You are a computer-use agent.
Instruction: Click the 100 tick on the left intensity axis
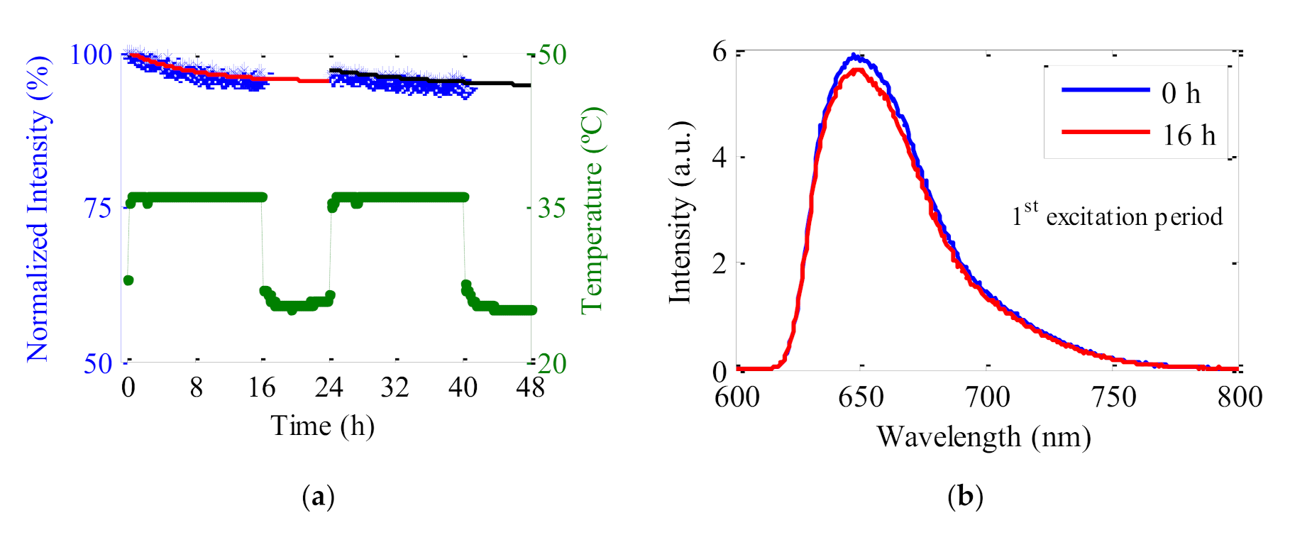(91, 55)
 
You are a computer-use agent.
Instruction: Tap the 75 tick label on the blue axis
(98, 209)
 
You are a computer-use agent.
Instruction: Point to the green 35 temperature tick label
(552, 209)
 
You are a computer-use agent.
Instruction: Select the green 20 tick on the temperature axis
(552, 363)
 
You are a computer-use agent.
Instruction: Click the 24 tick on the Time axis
(329, 387)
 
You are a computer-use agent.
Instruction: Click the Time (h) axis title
(322, 426)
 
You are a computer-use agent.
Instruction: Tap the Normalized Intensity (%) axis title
(39, 209)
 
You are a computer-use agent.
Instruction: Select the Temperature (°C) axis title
(592, 210)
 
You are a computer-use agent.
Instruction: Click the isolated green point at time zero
(128, 280)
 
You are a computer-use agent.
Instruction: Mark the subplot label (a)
(318, 496)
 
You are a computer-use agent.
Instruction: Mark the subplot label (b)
(965, 496)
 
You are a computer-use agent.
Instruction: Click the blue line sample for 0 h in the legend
(1104, 90)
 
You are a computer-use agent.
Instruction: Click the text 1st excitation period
(1117, 216)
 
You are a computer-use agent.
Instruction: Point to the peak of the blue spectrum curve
(856, 55)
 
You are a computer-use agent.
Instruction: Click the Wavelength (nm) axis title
(983, 437)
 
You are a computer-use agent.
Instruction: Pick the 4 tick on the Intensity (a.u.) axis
(720, 157)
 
